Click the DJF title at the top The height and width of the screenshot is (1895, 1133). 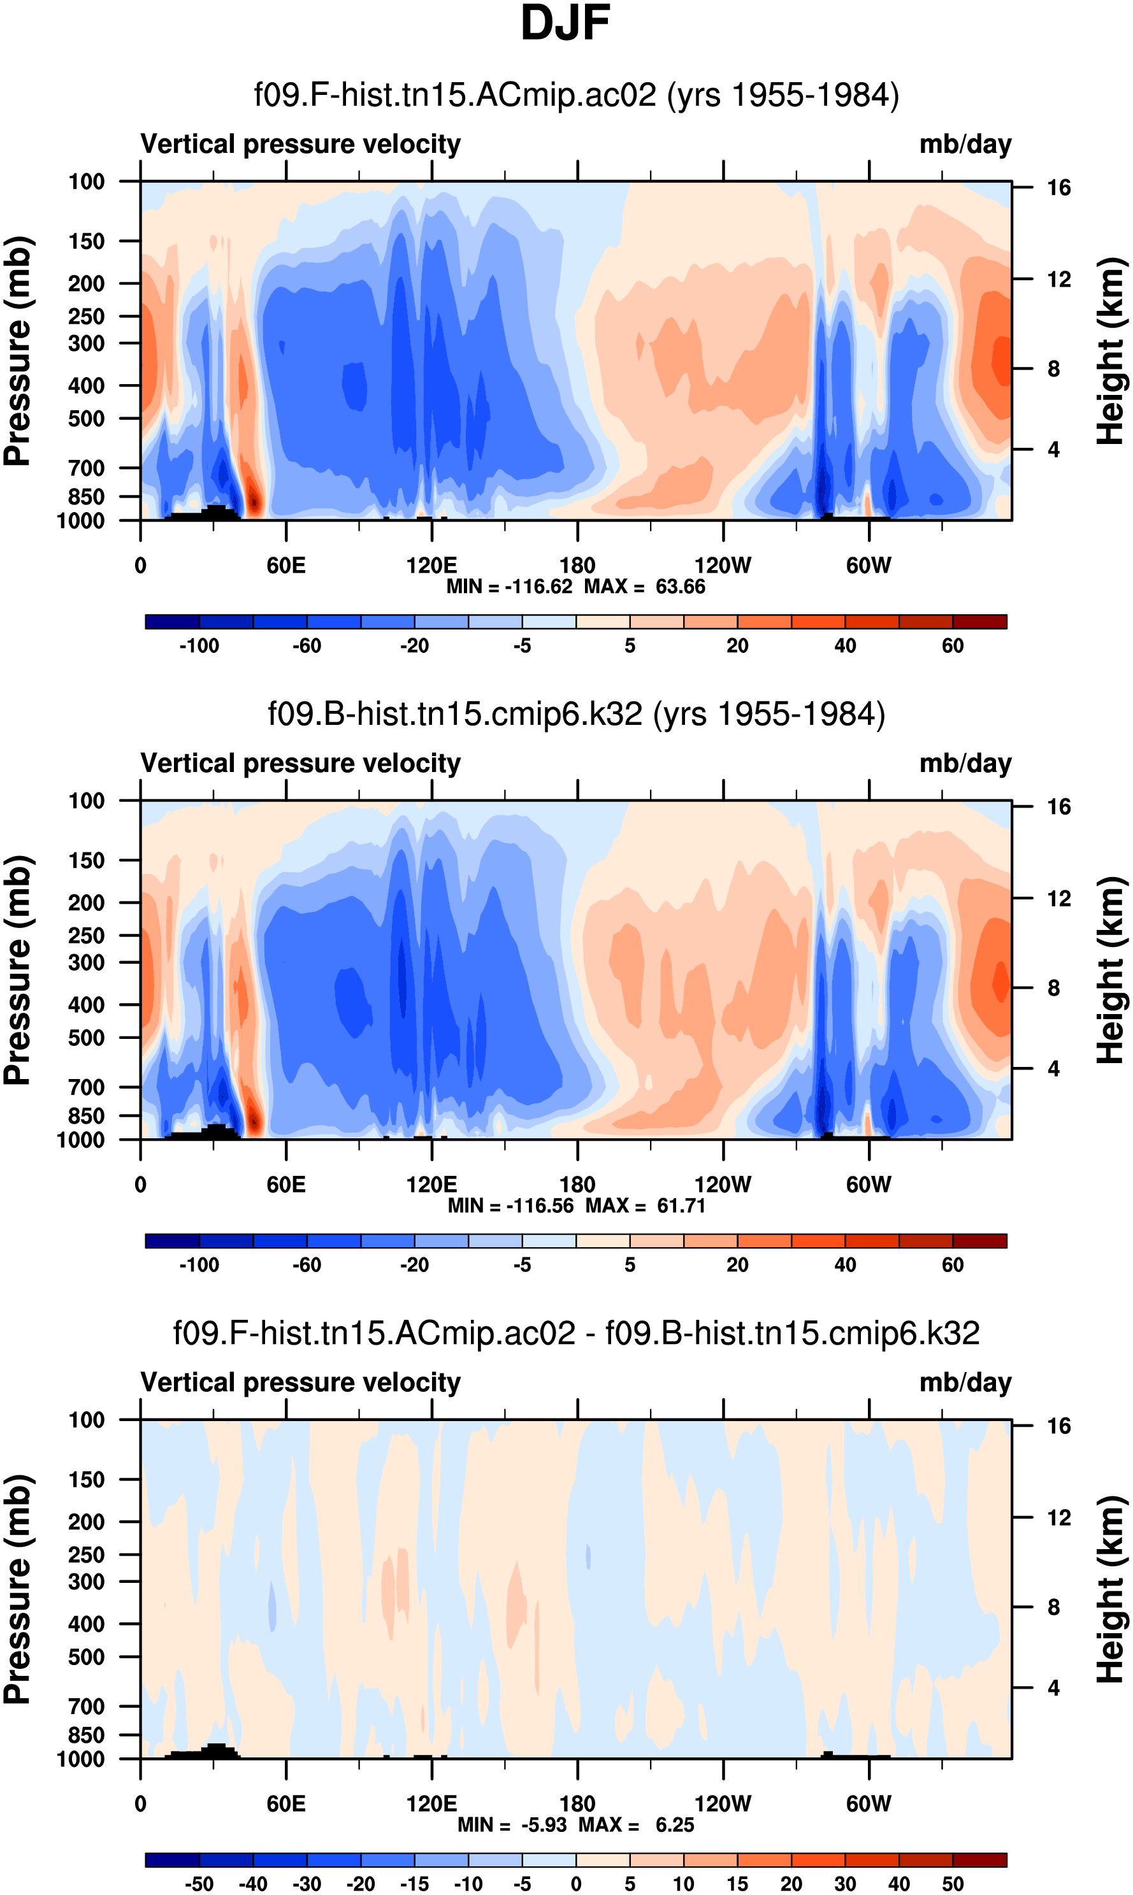(x=565, y=23)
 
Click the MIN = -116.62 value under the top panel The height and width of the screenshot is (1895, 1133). (x=509, y=587)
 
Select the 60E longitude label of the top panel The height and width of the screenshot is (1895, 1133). (x=286, y=566)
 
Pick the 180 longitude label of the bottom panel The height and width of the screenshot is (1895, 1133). (x=577, y=1803)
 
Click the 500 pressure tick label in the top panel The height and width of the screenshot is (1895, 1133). (x=86, y=419)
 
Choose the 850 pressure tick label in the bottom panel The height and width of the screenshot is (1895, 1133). (x=86, y=1734)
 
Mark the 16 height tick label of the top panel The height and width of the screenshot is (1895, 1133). (x=1058, y=188)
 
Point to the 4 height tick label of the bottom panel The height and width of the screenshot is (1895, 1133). (x=1053, y=1687)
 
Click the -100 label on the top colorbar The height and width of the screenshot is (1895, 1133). (x=199, y=646)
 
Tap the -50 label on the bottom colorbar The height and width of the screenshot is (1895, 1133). (x=199, y=1884)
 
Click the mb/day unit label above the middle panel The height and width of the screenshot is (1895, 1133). (x=965, y=763)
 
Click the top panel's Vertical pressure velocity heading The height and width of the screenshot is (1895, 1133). (x=301, y=144)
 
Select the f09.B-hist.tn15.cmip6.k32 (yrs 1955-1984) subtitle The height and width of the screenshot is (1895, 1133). (x=577, y=714)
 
